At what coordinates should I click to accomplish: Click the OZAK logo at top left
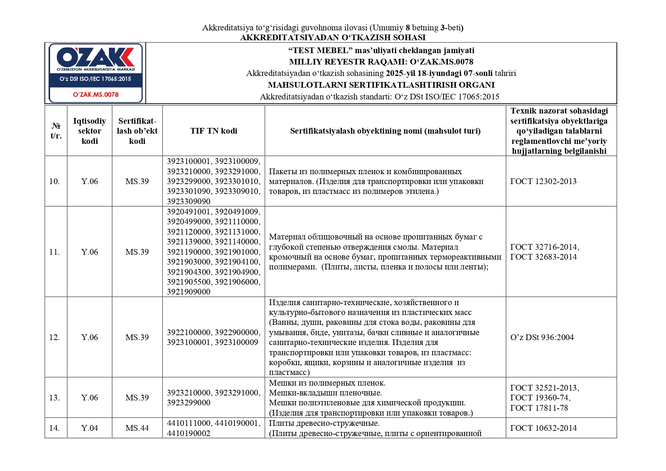tap(95, 58)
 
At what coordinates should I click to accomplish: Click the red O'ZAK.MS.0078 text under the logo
tap(96, 95)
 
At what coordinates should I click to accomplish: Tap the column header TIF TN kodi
tap(214, 131)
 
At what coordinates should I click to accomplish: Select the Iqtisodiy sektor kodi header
tap(90, 131)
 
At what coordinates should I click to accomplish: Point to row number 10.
tap(54, 181)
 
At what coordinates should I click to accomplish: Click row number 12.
tap(54, 337)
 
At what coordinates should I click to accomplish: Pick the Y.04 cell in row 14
tap(90, 428)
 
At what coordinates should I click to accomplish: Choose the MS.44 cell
tap(137, 428)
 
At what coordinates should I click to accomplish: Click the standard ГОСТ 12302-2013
tap(543, 181)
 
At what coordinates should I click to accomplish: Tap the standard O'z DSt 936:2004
tap(542, 337)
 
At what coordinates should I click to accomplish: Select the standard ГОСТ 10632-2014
tap(543, 428)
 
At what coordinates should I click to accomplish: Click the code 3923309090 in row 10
tap(189, 202)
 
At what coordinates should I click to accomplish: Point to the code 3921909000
tap(189, 292)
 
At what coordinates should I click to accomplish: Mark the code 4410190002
tap(189, 433)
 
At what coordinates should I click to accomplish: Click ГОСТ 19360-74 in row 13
tap(540, 398)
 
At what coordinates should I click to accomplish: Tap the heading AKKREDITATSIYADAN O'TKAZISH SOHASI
tap(333, 38)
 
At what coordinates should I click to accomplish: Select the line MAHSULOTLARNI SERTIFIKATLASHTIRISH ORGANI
tap(381, 85)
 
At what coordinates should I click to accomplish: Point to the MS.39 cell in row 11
tap(137, 252)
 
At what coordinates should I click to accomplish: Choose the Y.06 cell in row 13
tap(90, 398)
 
